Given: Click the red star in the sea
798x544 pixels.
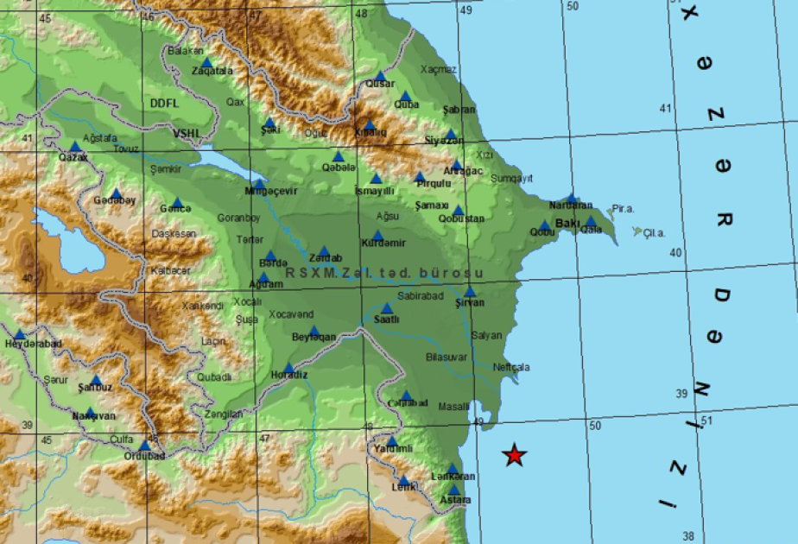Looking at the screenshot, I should tap(515, 455).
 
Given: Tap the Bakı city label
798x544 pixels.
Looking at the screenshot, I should tap(568, 223).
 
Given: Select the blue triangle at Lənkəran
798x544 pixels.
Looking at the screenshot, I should tap(452, 469).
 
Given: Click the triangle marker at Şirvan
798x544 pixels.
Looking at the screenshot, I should tap(470, 292).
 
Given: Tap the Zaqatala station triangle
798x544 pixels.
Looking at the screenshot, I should tap(206, 61).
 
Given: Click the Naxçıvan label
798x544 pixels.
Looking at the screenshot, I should tap(93, 415).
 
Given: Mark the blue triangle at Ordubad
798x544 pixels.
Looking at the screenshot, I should tap(144, 446).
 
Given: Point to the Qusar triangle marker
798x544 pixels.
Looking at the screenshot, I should tap(380, 75).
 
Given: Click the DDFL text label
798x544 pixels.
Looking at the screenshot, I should tap(163, 103).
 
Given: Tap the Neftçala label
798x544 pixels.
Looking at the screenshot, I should tap(510, 367).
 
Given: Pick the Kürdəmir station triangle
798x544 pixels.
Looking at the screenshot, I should tap(377, 234).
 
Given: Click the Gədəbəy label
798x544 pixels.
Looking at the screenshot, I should tap(115, 200).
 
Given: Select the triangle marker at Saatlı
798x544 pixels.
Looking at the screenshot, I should tap(386, 307).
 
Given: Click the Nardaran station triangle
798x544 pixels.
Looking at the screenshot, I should tap(571, 198).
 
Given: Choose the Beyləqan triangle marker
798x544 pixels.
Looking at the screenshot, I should tap(314, 331).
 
